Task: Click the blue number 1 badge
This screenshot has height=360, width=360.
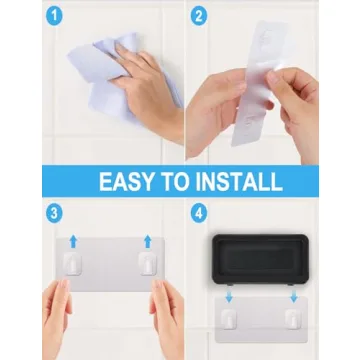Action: tap(55, 18)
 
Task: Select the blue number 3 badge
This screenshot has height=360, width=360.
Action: tap(55, 213)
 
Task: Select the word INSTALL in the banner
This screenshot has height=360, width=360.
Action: tap(242, 181)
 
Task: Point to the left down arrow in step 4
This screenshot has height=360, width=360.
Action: tap(229, 297)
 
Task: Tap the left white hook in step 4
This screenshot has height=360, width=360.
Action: tap(229, 318)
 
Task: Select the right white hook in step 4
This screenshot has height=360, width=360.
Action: tap(291, 318)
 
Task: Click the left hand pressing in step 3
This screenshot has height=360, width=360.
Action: tap(57, 325)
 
